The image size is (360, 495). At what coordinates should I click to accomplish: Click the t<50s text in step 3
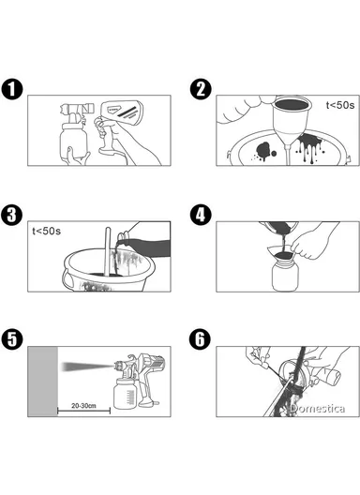[47, 230]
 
